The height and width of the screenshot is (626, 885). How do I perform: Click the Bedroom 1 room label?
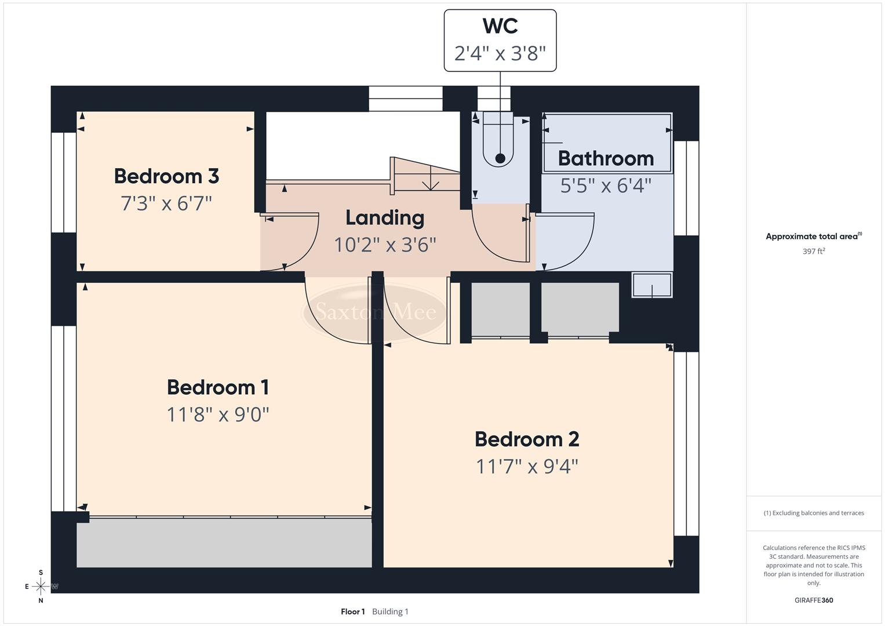pyautogui.click(x=217, y=387)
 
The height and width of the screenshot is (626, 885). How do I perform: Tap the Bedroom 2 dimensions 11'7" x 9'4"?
pyautogui.click(x=527, y=466)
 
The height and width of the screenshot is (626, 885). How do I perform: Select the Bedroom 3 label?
pyautogui.click(x=166, y=176)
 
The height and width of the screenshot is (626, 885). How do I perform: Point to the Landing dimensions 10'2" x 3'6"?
pyautogui.click(x=385, y=245)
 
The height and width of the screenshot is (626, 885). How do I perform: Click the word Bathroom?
pyautogui.click(x=606, y=158)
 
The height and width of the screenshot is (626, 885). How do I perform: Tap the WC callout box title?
pyautogui.click(x=500, y=26)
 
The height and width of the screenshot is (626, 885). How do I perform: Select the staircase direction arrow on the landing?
pyautogui.click(x=430, y=184)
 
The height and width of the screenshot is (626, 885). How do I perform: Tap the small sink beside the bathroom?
pyautogui.click(x=652, y=285)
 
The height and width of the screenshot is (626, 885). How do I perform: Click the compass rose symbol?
pyautogui.click(x=41, y=587)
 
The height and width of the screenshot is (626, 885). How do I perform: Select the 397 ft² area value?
pyautogui.click(x=814, y=252)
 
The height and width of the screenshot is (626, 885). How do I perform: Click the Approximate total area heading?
pyautogui.click(x=813, y=236)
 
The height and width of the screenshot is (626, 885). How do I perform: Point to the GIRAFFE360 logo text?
pyautogui.click(x=814, y=600)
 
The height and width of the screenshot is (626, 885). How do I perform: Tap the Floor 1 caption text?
pyautogui.click(x=352, y=612)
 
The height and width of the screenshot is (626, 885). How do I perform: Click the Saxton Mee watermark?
pyautogui.click(x=376, y=312)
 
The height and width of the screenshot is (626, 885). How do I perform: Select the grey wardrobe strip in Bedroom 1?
pyautogui.click(x=224, y=543)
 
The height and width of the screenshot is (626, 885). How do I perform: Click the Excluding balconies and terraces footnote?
pyautogui.click(x=814, y=513)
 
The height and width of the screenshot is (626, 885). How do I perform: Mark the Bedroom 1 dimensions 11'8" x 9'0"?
pyautogui.click(x=217, y=414)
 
